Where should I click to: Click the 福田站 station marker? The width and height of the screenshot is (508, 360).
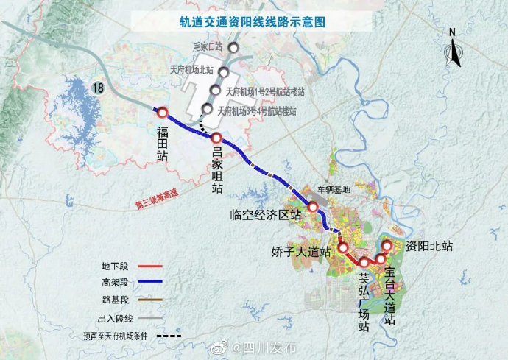pyautogui.click(x=162, y=112)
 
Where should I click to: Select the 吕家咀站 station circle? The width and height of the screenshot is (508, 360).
pyautogui.click(x=217, y=138)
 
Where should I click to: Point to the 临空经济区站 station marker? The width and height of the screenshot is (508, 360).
pyautogui.click(x=313, y=207)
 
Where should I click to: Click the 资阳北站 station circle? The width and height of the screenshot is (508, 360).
pyautogui.click(x=387, y=246)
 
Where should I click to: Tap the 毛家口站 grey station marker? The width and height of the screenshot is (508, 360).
pyautogui.click(x=233, y=48)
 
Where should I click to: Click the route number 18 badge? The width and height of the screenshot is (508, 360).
pyautogui.click(x=98, y=88)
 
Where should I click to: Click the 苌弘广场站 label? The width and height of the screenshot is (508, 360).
pyautogui.click(x=364, y=302)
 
